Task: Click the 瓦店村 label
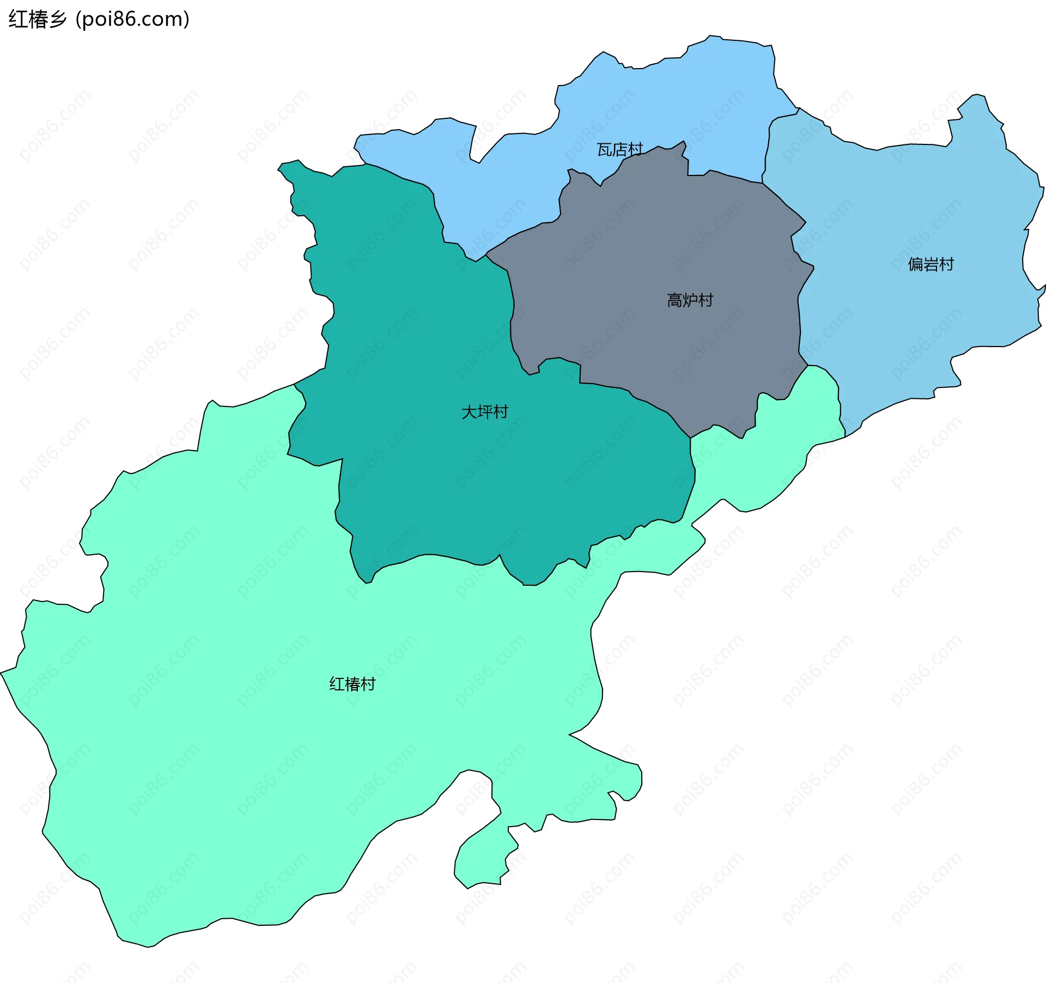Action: (x=619, y=149)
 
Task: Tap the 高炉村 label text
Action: (x=690, y=300)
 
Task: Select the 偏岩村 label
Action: (x=931, y=264)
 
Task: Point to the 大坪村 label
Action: (x=484, y=412)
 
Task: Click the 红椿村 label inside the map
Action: (x=352, y=684)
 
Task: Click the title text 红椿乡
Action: (x=37, y=20)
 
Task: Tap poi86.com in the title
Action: (x=132, y=20)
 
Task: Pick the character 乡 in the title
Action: (x=57, y=20)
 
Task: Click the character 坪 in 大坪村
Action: (x=484, y=412)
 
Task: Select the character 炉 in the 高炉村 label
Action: (x=690, y=300)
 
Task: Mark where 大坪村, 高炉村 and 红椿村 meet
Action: (x=690, y=438)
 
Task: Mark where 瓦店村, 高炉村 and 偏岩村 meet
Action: (x=762, y=183)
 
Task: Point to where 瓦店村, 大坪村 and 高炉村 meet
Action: (x=486, y=254)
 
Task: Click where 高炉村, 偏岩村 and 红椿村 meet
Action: (x=807, y=365)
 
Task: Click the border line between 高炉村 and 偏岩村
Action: (x=799, y=305)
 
